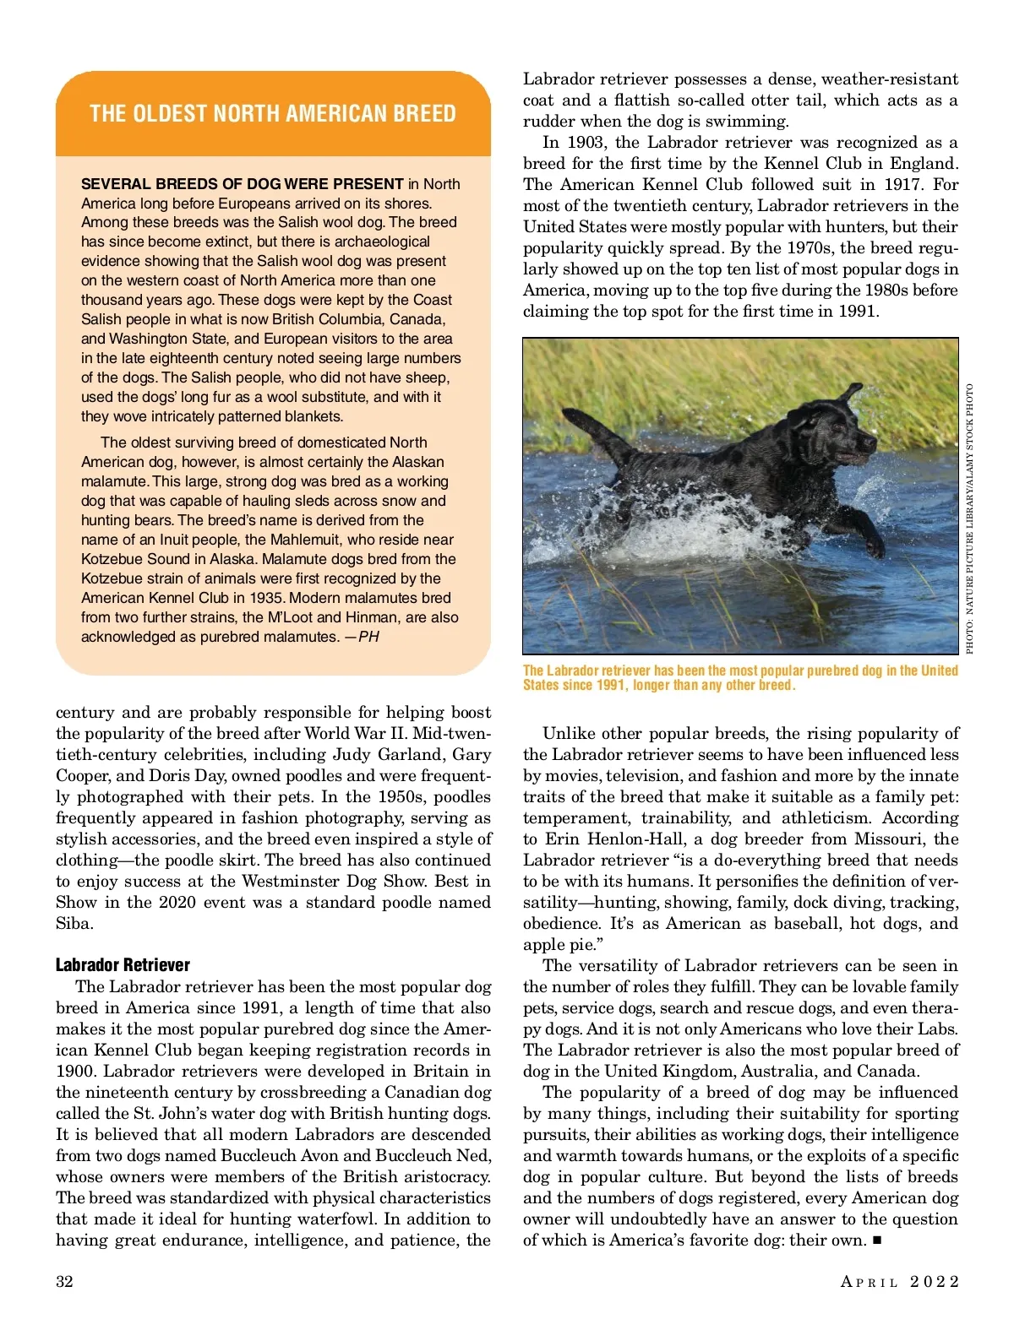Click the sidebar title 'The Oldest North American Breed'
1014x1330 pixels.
pos(272,114)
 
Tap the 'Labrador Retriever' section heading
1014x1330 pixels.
pos(123,964)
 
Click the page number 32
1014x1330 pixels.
pos(64,1282)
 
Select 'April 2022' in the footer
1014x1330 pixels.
pos(900,1282)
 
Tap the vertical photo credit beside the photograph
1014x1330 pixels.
pos(969,518)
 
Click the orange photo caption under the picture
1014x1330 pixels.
pos(740,677)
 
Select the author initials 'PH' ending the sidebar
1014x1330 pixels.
pos(368,637)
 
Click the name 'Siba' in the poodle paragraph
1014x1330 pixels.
pos(74,923)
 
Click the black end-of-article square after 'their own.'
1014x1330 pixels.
pos(876,1240)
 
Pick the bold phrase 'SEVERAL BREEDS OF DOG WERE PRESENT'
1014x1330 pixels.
pos(242,184)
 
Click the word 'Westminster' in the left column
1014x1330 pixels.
pos(293,881)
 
